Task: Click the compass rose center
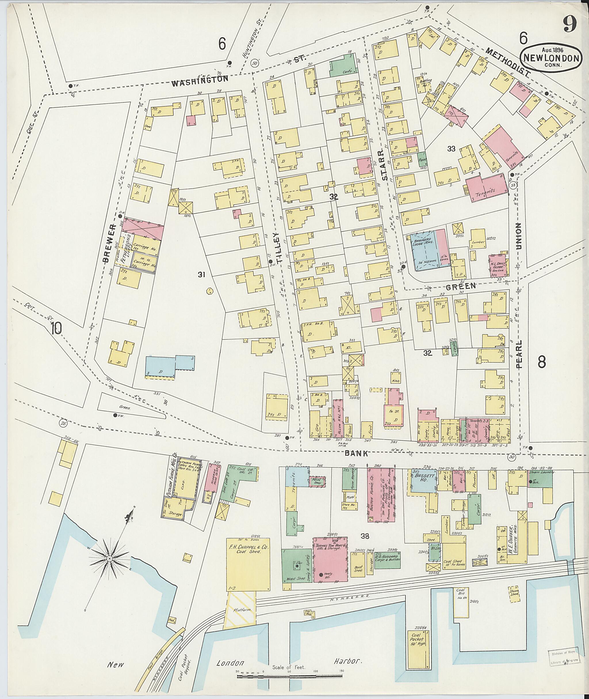click(x=109, y=558)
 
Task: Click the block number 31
click(x=201, y=275)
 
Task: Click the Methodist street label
click(x=508, y=62)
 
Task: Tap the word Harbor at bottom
click(x=348, y=661)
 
